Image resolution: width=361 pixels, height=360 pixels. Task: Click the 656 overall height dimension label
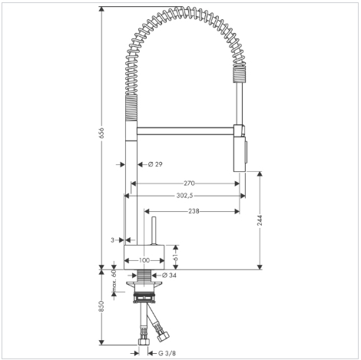click(x=102, y=133)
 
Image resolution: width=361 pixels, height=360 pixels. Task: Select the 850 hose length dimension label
click(x=102, y=306)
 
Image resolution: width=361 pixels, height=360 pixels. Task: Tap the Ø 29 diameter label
click(x=155, y=164)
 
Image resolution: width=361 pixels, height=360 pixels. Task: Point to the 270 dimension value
click(x=189, y=183)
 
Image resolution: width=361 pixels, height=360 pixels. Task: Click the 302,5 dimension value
click(x=184, y=196)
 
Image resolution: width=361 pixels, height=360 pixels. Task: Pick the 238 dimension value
click(x=194, y=211)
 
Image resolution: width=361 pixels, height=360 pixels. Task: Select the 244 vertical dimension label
click(x=260, y=220)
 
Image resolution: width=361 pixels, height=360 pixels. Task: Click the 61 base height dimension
click(x=176, y=257)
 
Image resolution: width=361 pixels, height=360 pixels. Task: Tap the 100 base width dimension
click(x=144, y=260)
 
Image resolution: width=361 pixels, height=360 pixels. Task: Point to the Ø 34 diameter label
click(x=170, y=276)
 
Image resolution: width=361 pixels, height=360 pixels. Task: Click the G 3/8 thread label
click(x=167, y=353)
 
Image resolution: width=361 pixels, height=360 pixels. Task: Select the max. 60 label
click(x=114, y=281)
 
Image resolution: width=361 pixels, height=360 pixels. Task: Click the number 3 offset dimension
click(x=112, y=240)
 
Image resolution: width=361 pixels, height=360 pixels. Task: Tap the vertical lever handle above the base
click(x=154, y=231)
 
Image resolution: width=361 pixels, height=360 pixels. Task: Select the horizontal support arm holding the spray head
click(x=185, y=130)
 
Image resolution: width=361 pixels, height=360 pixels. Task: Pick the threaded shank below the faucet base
click(x=144, y=276)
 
